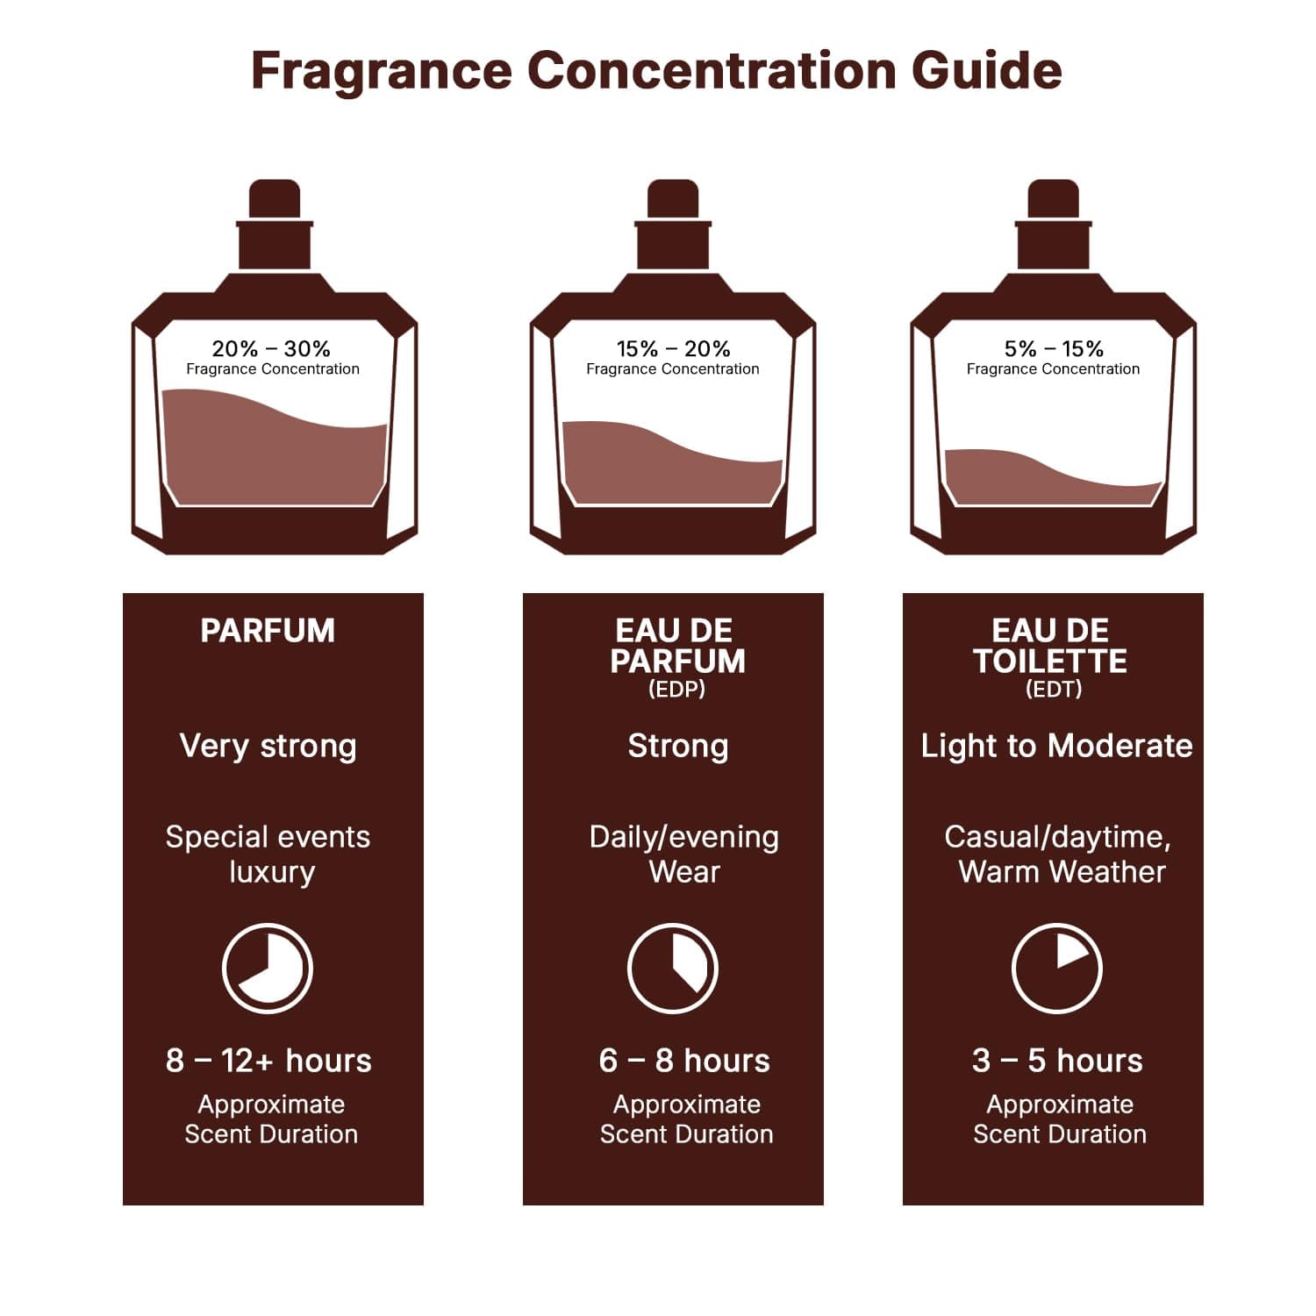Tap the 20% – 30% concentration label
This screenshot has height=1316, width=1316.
point(271,349)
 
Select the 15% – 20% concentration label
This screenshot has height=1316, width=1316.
point(673,349)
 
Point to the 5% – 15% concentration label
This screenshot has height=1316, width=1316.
point(1053,349)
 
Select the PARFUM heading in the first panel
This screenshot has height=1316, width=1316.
point(268,631)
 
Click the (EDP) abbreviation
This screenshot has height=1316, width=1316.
point(676,690)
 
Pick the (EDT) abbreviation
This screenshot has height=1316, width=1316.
point(1053,690)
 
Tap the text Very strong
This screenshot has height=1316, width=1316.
point(268,746)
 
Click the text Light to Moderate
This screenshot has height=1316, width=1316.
point(1056,746)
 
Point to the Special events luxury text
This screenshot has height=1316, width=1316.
point(268,854)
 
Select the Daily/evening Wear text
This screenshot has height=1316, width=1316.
point(683,854)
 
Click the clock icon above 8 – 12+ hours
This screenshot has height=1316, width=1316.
point(268,969)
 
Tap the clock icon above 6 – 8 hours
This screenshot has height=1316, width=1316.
point(673,969)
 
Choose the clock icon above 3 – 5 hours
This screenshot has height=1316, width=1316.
point(1057,969)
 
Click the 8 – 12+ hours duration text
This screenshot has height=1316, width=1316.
point(268,1061)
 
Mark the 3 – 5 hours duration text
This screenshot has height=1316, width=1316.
point(1057,1061)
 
